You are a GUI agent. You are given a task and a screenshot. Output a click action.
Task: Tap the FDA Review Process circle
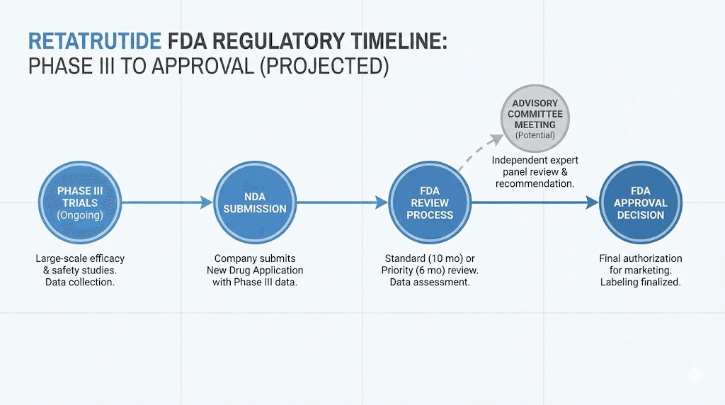pyautogui.click(x=430, y=203)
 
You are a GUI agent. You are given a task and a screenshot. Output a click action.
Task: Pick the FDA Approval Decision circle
pyautogui.click(x=640, y=203)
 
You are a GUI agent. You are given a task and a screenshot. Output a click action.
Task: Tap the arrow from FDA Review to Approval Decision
pyautogui.click(x=535, y=203)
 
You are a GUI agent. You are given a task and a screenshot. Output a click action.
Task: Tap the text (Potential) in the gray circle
pyautogui.click(x=535, y=135)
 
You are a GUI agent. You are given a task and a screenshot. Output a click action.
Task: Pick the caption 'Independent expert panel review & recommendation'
pyautogui.click(x=535, y=172)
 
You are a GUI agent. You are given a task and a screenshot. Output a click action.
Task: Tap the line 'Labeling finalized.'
pyautogui.click(x=640, y=283)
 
